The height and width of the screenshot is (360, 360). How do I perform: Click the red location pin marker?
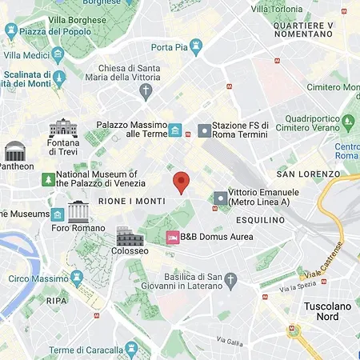(182, 182)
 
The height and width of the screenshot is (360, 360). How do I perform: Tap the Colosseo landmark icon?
(128, 236)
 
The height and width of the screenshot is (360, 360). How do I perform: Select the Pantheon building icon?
(15, 151)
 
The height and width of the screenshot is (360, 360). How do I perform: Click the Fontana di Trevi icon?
(62, 128)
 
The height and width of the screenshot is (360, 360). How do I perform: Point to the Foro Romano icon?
(78, 212)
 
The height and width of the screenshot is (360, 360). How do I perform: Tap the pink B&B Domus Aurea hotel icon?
(171, 237)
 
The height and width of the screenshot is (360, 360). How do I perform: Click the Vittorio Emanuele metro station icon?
(221, 198)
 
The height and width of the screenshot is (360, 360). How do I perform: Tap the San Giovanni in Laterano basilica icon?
(231, 280)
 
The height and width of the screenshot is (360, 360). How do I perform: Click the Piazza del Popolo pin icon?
(10, 31)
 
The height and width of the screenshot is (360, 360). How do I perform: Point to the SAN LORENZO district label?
(308, 174)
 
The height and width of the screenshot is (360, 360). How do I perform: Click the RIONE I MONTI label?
(131, 202)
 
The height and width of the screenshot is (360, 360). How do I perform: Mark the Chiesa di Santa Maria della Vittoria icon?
(145, 92)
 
